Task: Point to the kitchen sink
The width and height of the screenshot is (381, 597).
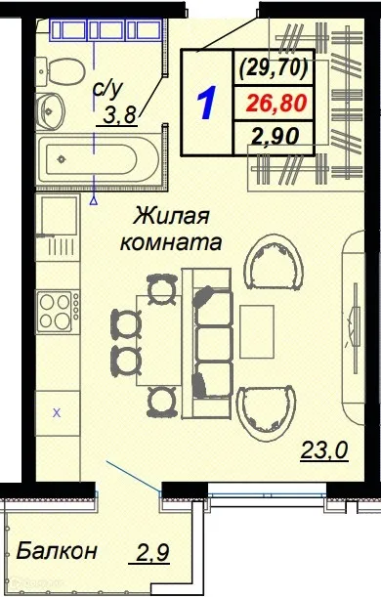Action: coord(57,220)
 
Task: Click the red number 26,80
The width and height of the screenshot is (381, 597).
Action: coord(274,102)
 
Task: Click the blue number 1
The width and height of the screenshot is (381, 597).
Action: coord(206,103)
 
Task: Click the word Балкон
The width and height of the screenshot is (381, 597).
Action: coord(58,552)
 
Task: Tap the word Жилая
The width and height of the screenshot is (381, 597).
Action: coord(171,215)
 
